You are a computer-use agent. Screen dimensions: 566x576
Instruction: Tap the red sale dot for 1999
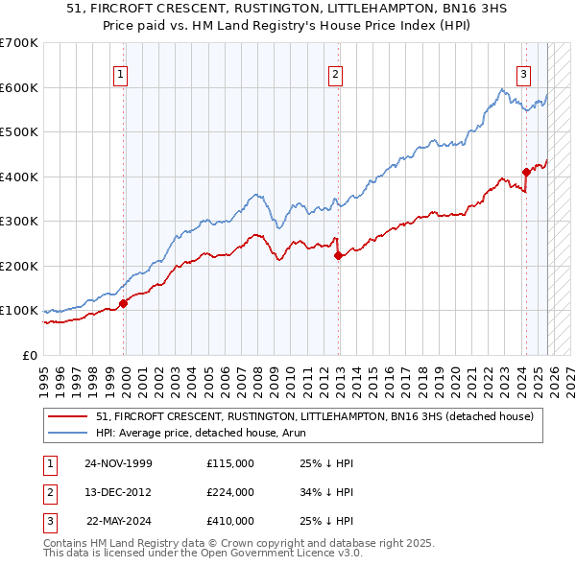click(123, 304)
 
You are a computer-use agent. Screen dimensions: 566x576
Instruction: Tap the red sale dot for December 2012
click(338, 255)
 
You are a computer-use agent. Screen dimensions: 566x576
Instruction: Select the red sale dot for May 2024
click(526, 173)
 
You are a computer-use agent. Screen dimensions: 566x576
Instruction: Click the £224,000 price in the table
click(229, 492)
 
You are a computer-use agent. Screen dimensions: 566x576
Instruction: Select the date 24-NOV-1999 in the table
click(118, 463)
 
